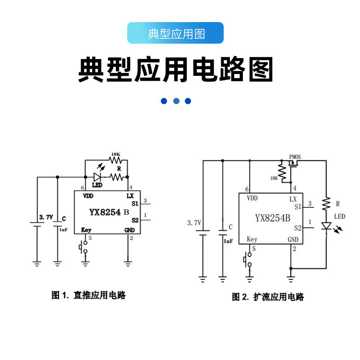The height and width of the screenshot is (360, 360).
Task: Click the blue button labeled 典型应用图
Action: point(176,34)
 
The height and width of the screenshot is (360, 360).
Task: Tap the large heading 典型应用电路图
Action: point(176,71)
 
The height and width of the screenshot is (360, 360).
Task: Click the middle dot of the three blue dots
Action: point(176,101)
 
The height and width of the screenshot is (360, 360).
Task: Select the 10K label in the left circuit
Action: point(116,155)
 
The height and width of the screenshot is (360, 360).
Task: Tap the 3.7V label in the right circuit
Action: point(194,223)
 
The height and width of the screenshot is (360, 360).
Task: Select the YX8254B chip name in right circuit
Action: point(272,217)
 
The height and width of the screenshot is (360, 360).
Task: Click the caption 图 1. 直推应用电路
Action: point(89,295)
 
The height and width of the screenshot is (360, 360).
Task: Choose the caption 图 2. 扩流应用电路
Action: point(268,297)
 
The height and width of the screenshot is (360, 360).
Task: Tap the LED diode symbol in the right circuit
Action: point(326,226)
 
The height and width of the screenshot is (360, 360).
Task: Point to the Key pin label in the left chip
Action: point(86,230)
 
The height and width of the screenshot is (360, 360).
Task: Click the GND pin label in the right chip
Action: point(293,240)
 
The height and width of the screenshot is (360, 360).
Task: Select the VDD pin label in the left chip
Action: point(88,196)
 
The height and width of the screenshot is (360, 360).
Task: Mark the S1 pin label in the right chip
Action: point(298,207)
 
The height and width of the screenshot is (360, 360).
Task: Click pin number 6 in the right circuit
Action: point(247,190)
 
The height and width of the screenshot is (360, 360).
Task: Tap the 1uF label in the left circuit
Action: point(63,230)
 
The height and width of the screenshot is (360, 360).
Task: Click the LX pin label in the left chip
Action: point(130,196)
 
